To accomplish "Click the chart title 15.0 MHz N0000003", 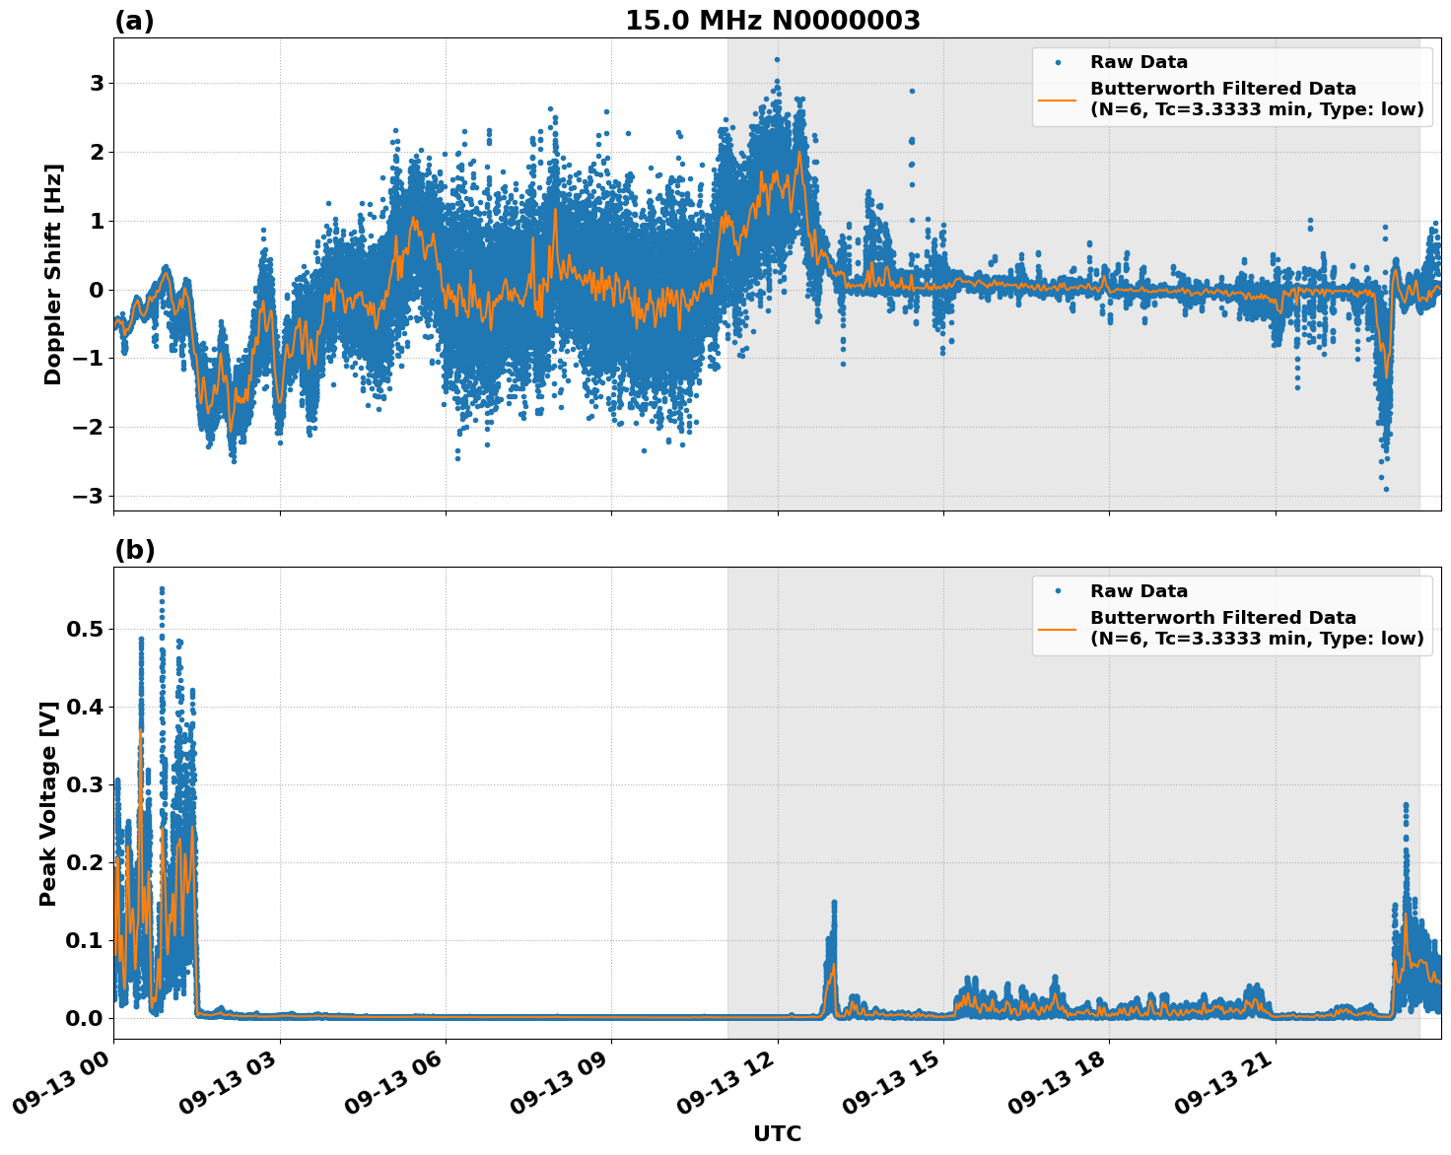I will (772, 21).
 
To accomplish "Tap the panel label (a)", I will (134, 21).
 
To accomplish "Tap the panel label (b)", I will (134, 550).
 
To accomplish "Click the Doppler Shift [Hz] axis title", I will (53, 274).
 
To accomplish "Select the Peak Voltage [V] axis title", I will (48, 803).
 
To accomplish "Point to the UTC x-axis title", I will (777, 1133).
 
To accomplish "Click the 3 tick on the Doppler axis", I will (97, 84).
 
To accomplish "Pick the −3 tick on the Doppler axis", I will (89, 496).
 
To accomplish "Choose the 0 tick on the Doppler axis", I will (97, 290).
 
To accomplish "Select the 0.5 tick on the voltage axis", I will (86, 629).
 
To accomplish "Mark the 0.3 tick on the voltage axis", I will (86, 784).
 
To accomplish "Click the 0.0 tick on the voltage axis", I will (86, 1018).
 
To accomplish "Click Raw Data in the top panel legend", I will (1139, 63).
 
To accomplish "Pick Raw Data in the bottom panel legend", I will (1139, 591).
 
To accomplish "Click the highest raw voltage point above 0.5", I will (162, 589).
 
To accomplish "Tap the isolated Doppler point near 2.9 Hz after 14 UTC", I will (912, 91).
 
